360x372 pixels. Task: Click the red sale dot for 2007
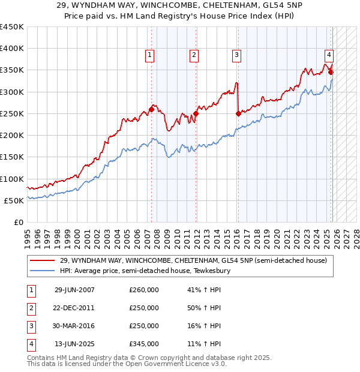151,109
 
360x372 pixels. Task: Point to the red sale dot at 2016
238,113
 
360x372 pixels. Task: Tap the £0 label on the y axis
18,222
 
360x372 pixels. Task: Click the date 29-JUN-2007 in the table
74,290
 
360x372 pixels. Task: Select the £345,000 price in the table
144,344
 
